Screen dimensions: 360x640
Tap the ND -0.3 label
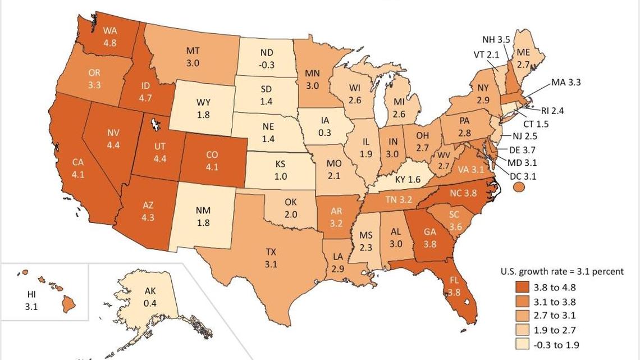click(267, 59)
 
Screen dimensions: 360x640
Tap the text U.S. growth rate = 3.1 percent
click(561, 271)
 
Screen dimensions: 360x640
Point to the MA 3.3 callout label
click(565, 83)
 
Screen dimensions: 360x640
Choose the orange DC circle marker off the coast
click(518, 186)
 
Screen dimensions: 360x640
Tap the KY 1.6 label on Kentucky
click(408, 179)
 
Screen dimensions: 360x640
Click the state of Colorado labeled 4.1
click(212, 160)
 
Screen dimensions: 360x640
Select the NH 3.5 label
click(496, 40)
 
